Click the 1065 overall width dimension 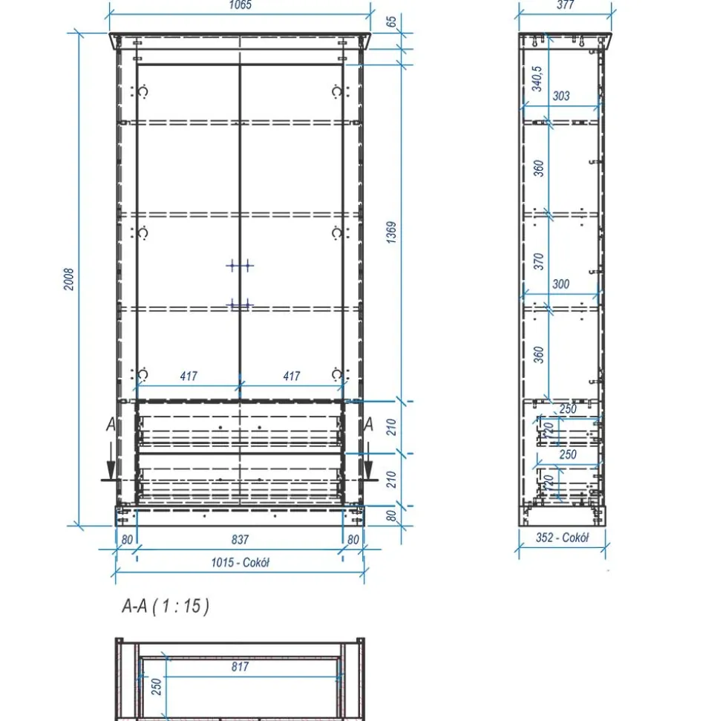click(240, 5)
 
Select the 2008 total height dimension click(68, 279)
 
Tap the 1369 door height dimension click(391, 232)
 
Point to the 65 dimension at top click(391, 22)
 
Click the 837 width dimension click(240, 539)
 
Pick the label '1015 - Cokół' click(240, 562)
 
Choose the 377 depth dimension click(565, 5)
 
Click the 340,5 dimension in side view click(537, 79)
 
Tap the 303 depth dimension click(561, 96)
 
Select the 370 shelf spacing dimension click(538, 261)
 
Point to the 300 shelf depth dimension click(561, 284)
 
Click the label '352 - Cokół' click(562, 537)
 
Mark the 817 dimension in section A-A click(240, 666)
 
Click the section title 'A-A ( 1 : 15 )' click(166, 606)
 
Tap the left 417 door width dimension click(189, 376)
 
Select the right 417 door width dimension click(292, 376)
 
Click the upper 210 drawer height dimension click(391, 427)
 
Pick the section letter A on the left click(111, 424)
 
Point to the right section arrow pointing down click(368, 462)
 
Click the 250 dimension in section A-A click(157, 686)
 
